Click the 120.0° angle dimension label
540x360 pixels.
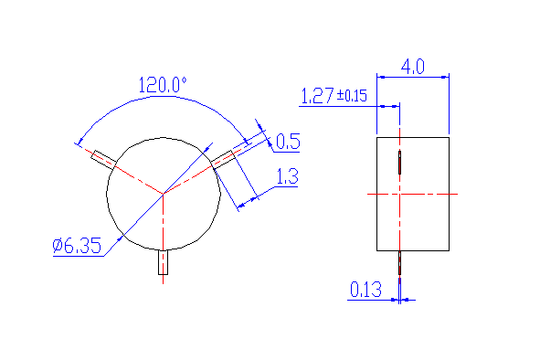pyautogui.click(x=163, y=85)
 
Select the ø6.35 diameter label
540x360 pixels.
pyautogui.click(x=77, y=246)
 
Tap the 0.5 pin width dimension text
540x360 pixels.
pyautogui.click(x=288, y=142)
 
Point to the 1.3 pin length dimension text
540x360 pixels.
pyautogui.click(x=288, y=176)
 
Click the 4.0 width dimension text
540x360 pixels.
pyautogui.click(x=413, y=67)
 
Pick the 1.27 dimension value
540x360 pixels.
pyautogui.click(x=317, y=95)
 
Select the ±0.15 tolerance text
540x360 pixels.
pyautogui.click(x=352, y=95)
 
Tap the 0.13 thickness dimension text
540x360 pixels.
pyautogui.click(x=365, y=290)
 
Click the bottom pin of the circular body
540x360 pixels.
pyautogui.click(x=163, y=262)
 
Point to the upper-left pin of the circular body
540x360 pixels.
pyautogui.click(x=103, y=160)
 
